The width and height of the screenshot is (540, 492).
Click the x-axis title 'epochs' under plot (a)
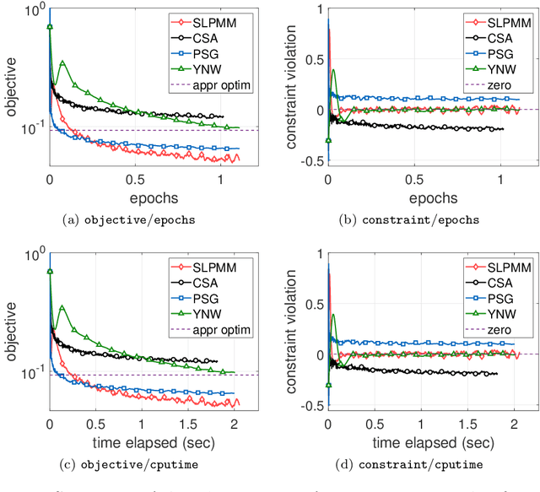pos(135,197)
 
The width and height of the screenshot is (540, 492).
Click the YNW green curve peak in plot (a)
pos(62,62)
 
